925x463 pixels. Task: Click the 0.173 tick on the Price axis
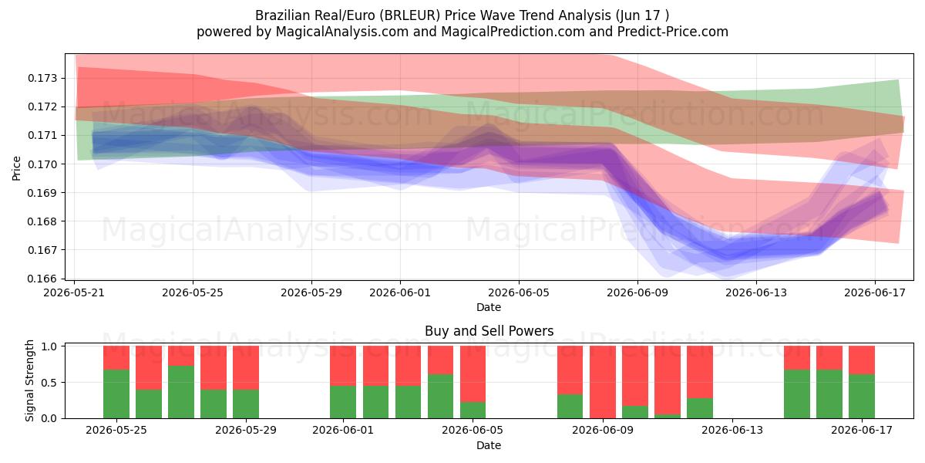(x=42, y=78)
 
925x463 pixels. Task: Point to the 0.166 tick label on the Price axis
(x=42, y=279)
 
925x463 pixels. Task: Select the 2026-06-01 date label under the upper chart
(x=400, y=292)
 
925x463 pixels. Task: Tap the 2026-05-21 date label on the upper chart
(x=74, y=292)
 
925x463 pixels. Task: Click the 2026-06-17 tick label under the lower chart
(x=862, y=431)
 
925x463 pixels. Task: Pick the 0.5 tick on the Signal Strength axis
(x=49, y=383)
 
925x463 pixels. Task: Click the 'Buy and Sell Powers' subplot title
(x=489, y=331)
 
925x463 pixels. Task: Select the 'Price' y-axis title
(x=16, y=168)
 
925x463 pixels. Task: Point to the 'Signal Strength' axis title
(x=29, y=380)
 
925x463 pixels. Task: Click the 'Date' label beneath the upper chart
(x=489, y=307)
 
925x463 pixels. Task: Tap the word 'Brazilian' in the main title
(x=282, y=15)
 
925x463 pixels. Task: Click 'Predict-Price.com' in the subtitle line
(x=673, y=32)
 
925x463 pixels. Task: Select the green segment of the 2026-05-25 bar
(x=116, y=394)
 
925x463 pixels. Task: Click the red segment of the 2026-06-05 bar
(x=473, y=374)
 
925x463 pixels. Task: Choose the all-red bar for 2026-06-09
(x=603, y=382)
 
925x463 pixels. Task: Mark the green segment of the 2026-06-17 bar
(x=862, y=397)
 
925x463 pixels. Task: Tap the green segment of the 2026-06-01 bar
(x=343, y=402)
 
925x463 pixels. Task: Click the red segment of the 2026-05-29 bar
(x=246, y=368)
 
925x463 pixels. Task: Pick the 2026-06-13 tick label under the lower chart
(x=732, y=431)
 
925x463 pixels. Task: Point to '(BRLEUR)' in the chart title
(x=410, y=15)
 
